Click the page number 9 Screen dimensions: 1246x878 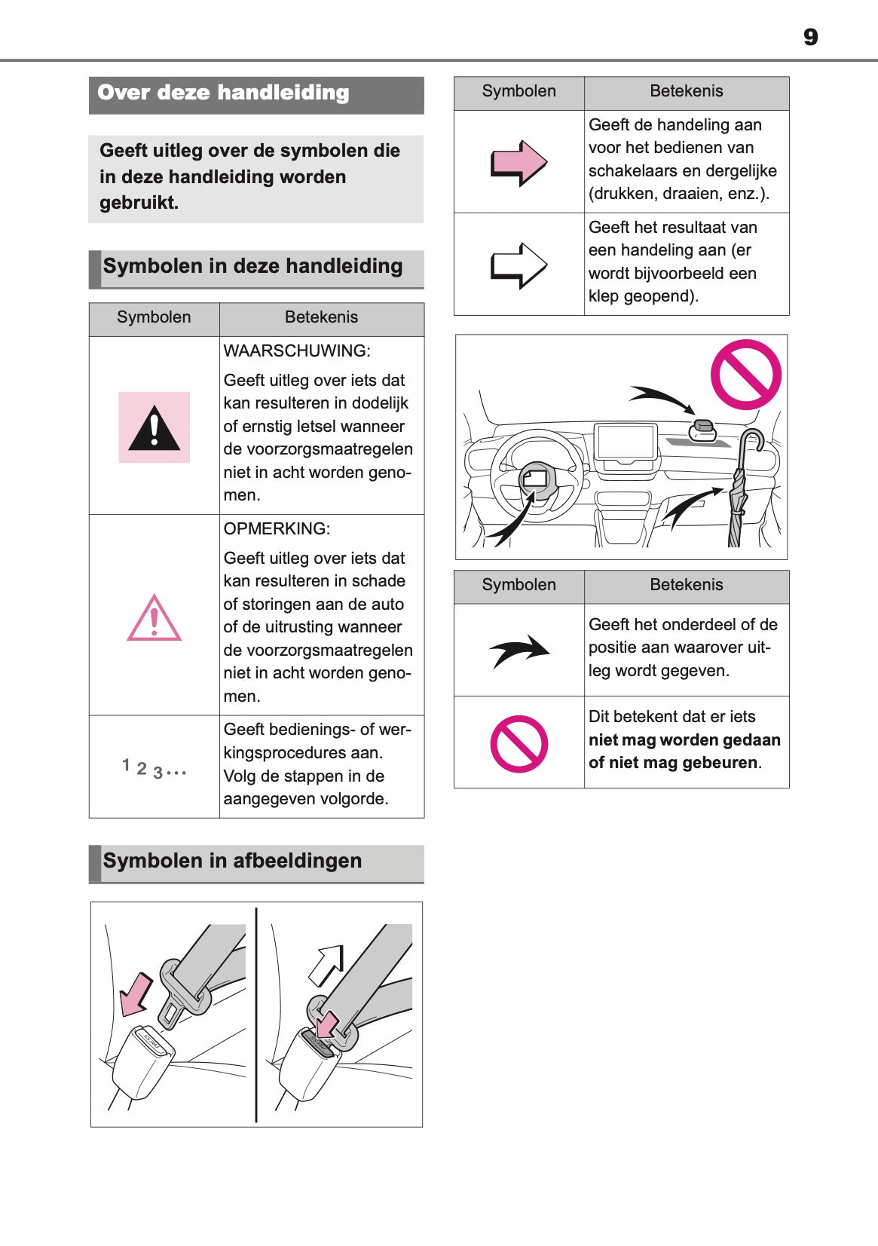point(810,37)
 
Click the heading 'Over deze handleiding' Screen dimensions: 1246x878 point(223,93)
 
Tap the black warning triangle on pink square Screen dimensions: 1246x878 point(154,428)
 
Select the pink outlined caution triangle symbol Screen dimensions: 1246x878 point(154,619)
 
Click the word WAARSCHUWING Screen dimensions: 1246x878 point(297,351)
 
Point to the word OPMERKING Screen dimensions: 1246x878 point(277,529)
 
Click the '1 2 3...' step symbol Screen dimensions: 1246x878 point(154,768)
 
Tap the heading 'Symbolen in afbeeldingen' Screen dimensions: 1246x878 point(232,861)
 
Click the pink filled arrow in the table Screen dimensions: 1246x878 point(519,162)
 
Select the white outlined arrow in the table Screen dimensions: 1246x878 point(519,265)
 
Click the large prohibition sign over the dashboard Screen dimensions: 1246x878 point(745,375)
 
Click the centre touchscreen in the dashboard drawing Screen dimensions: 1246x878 point(625,442)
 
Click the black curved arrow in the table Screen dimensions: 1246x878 point(519,650)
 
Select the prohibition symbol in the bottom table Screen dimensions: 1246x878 point(519,744)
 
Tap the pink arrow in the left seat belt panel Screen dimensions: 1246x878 point(136,994)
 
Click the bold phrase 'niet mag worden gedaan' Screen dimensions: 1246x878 point(684,740)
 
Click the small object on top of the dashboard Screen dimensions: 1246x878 point(702,430)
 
